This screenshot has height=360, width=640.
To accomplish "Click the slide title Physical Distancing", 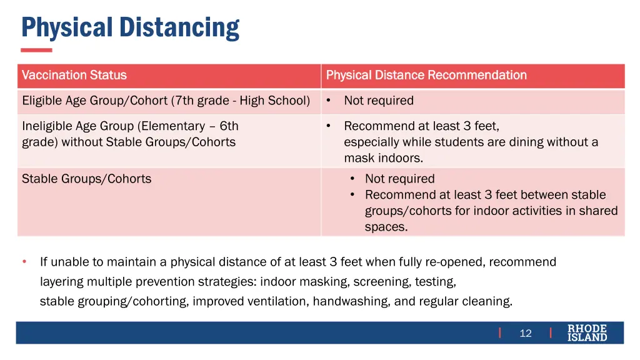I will tap(130, 27).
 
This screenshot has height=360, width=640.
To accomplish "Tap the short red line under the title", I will tap(36, 50).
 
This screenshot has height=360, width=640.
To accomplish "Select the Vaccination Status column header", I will tap(74, 76).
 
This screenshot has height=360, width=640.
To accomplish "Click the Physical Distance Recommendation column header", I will tap(426, 76).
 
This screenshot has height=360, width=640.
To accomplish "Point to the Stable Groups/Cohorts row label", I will tap(86, 179).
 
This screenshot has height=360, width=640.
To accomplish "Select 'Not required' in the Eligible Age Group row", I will tap(379, 101).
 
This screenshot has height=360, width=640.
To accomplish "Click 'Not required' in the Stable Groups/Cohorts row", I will tap(399, 179).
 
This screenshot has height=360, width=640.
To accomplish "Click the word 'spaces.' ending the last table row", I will tap(386, 227).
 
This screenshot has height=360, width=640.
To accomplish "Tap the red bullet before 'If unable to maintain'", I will tap(24, 262).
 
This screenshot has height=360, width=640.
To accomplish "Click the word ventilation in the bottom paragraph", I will tap(278, 301).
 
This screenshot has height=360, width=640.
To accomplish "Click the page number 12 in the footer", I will tap(526, 333).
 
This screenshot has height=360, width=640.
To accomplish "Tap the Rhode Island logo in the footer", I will tap(587, 333).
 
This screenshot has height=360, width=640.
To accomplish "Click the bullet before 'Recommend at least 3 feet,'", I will tap(328, 126).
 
